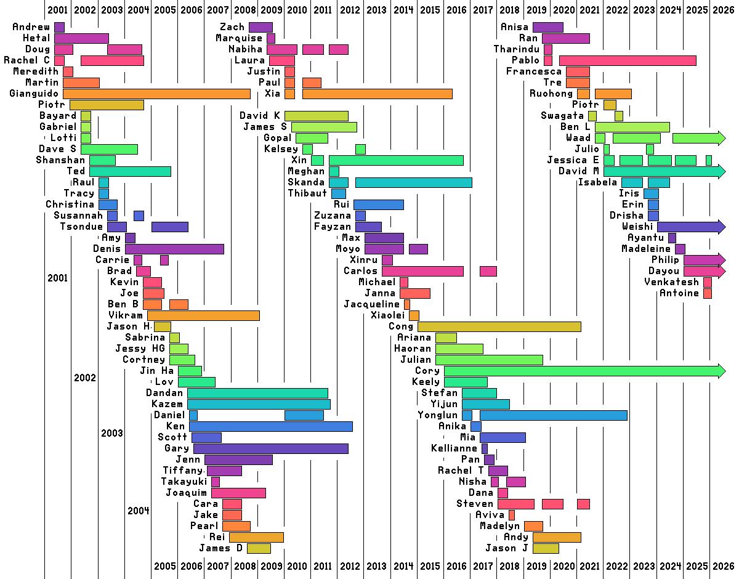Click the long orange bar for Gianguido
point(156,94)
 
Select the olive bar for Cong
point(499,326)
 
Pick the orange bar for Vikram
point(203,315)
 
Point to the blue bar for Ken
point(271,426)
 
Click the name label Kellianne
point(454,448)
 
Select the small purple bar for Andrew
point(59,27)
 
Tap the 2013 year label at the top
point(376,10)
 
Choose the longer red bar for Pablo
point(628,60)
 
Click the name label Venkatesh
point(672,282)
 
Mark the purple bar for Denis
point(174,249)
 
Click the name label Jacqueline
point(372,304)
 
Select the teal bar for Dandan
point(257,393)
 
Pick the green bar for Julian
point(489,360)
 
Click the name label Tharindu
point(517,49)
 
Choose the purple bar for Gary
point(270,448)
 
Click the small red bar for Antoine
point(708,293)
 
